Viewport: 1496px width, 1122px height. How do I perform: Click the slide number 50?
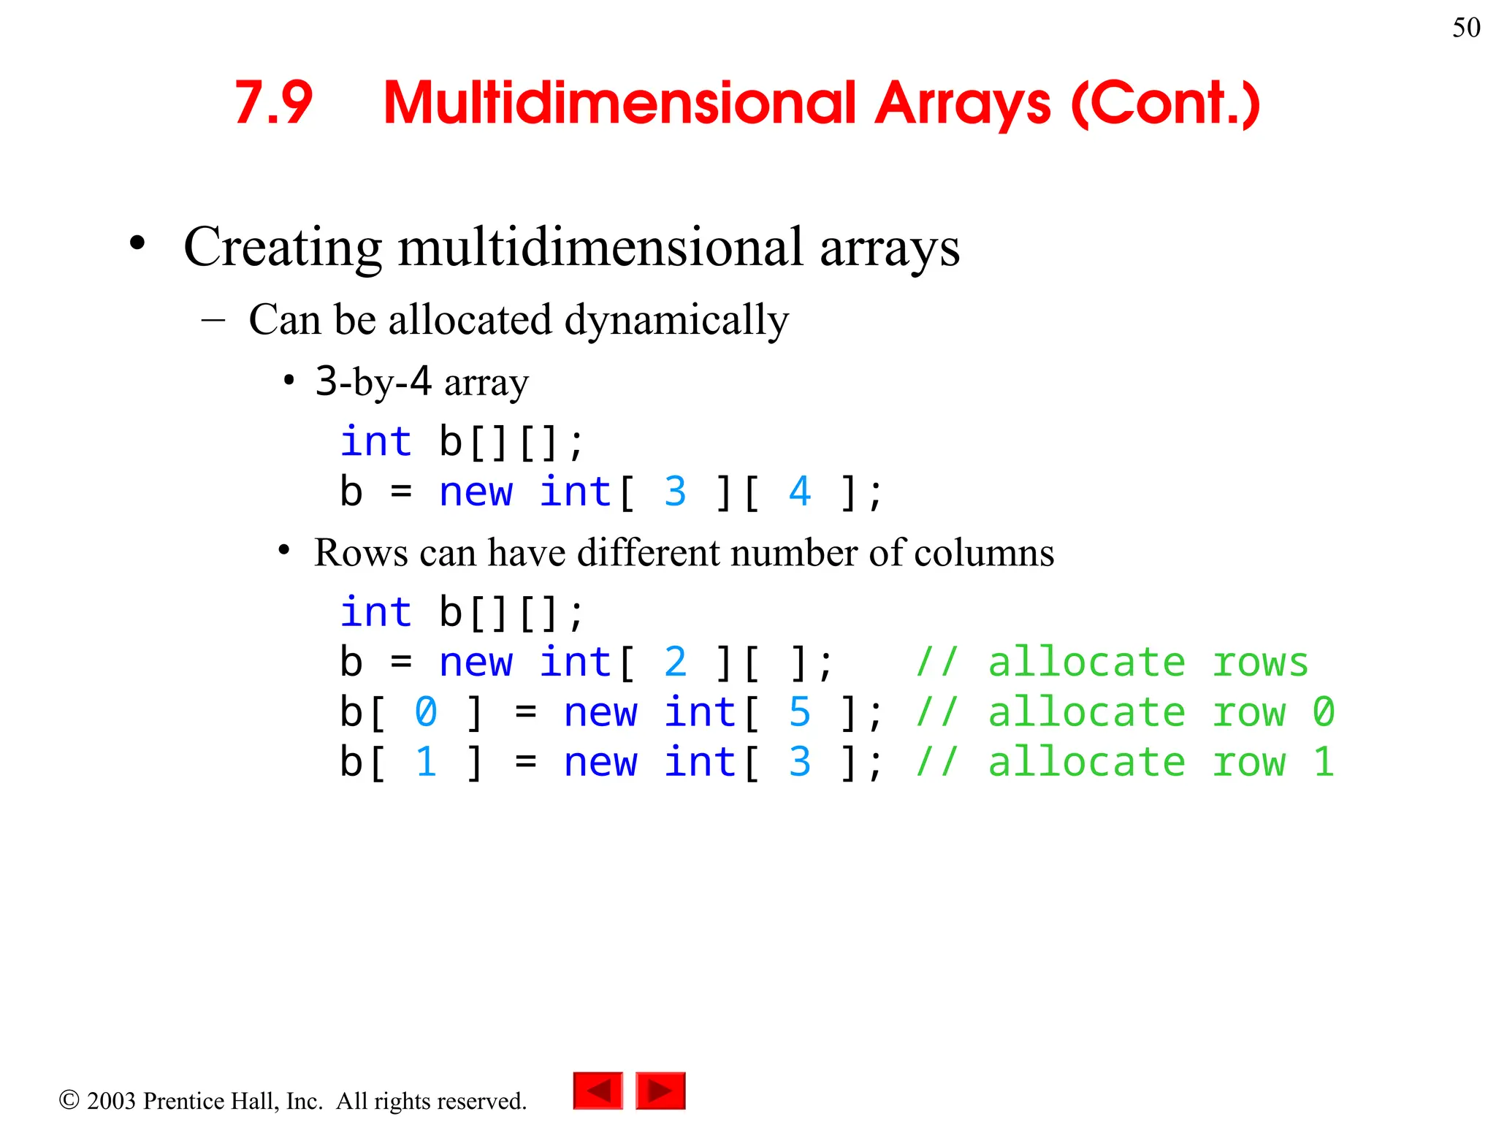[1466, 28]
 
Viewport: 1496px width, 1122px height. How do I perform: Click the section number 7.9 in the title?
[273, 103]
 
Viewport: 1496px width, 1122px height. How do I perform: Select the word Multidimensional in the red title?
[619, 103]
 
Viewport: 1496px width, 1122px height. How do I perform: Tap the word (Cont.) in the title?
[1166, 103]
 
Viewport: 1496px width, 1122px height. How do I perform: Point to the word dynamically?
[676, 320]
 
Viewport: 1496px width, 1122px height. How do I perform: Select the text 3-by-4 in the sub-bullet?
[373, 381]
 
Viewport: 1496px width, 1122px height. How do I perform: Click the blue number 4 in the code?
[800, 491]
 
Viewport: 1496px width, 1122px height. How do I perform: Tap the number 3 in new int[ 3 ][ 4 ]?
[675, 491]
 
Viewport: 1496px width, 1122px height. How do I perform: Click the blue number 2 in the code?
[675, 662]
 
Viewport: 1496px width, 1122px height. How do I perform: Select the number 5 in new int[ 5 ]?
[800, 712]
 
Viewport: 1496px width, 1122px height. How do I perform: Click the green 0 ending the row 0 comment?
[1323, 712]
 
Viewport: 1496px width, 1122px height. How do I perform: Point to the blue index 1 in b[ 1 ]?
[426, 762]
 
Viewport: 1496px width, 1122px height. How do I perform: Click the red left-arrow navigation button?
[598, 1091]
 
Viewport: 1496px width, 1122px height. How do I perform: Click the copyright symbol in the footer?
[69, 1099]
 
